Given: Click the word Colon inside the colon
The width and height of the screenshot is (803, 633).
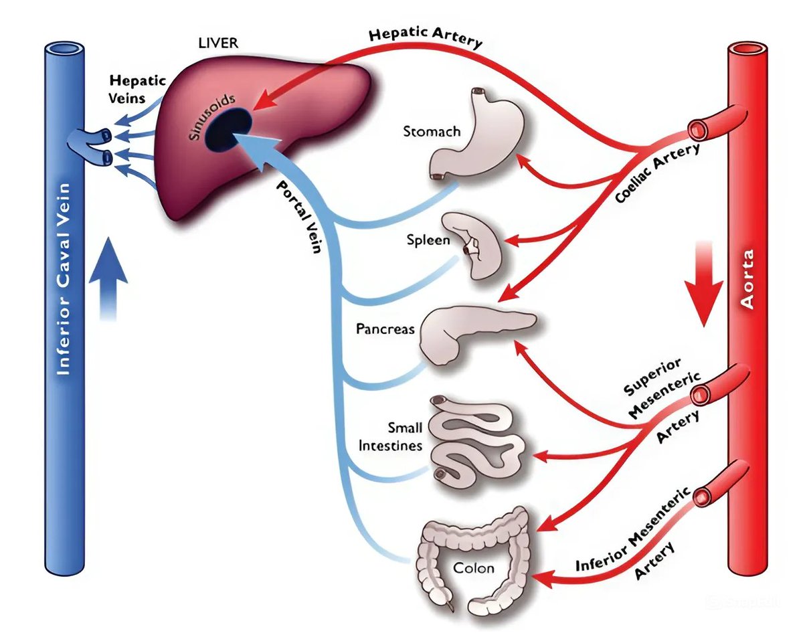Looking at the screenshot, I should pos(474,568).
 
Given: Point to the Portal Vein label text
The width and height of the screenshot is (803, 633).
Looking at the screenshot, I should pos(301,218).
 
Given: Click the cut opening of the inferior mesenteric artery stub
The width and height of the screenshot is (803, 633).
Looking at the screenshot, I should pos(701,496).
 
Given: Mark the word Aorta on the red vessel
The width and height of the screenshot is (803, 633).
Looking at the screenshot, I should pos(748,279).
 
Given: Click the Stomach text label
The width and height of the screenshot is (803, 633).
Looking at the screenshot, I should pos(432,131).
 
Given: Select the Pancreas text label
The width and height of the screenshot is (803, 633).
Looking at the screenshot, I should pos(385,329).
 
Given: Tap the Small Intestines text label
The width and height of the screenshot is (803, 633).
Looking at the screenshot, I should pos(391,436).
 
